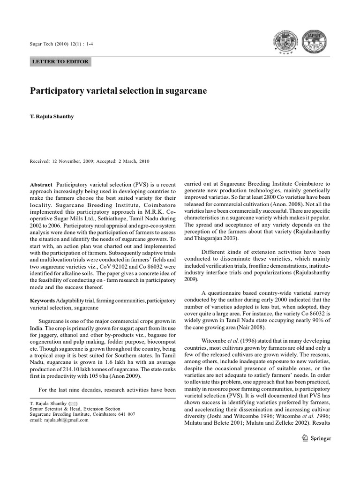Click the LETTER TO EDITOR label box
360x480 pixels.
pos(60,61)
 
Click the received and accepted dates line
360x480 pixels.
pos(90,161)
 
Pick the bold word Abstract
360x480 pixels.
pos(41,185)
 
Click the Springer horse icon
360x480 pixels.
pos(305,439)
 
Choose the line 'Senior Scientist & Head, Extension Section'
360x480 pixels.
pos(75,409)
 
